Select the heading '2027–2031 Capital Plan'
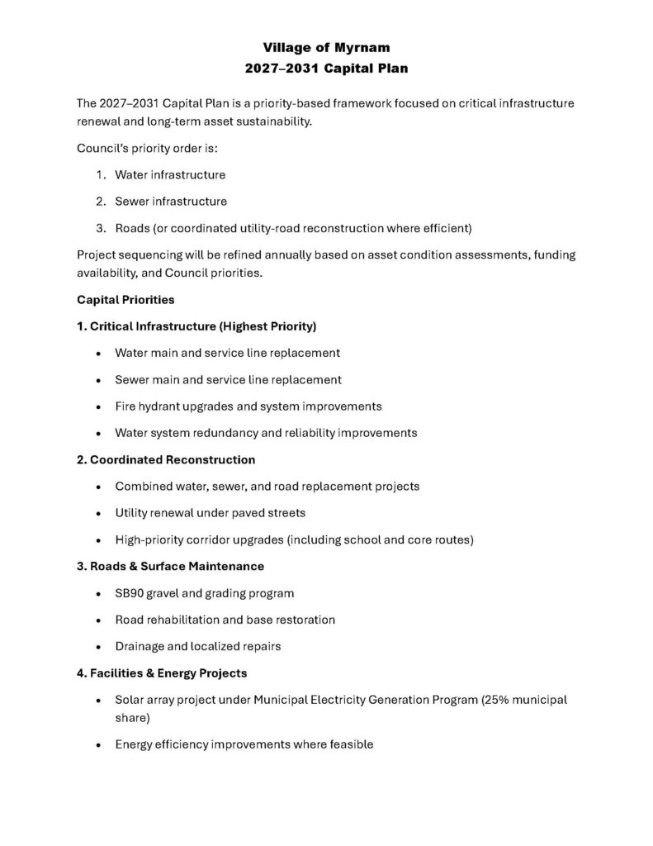(326, 69)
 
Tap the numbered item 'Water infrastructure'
(170, 175)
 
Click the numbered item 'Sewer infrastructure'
(171, 201)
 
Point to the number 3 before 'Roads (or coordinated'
(99, 227)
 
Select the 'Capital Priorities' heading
(125, 299)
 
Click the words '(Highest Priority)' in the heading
(264, 326)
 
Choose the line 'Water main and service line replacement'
(227, 353)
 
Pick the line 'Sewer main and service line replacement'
(228, 379)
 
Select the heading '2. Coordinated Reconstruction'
(166, 459)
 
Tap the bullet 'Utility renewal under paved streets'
(210, 513)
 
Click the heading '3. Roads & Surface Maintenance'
(170, 566)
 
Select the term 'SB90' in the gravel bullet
(130, 593)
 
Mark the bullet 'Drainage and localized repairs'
(198, 646)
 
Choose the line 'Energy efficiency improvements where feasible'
(244, 744)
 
